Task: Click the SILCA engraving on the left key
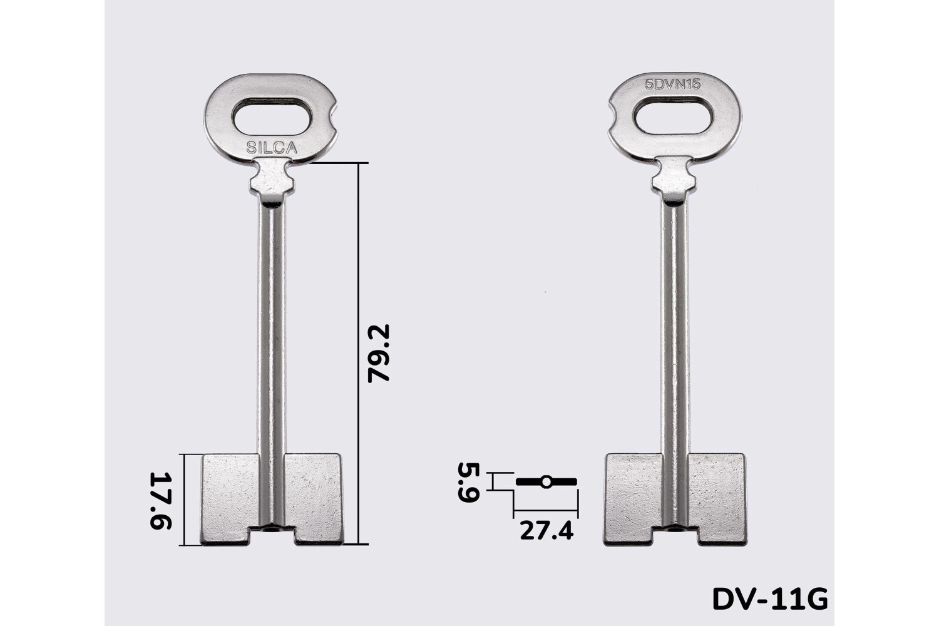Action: pyautogui.click(x=272, y=147)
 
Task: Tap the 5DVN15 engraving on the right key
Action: pyautogui.click(x=672, y=85)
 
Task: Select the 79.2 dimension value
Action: pyautogui.click(x=379, y=353)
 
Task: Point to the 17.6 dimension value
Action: pyautogui.click(x=160, y=500)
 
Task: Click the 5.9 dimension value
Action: pyautogui.click(x=468, y=482)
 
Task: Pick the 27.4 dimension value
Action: pyautogui.click(x=546, y=531)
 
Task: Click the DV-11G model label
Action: pyautogui.click(x=770, y=599)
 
